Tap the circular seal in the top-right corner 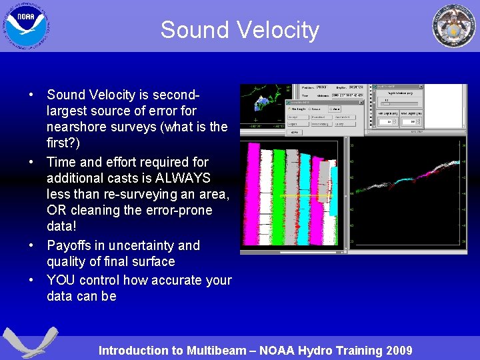click(455, 25)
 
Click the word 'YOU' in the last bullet click(61, 280)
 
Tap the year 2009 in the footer click(398, 351)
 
